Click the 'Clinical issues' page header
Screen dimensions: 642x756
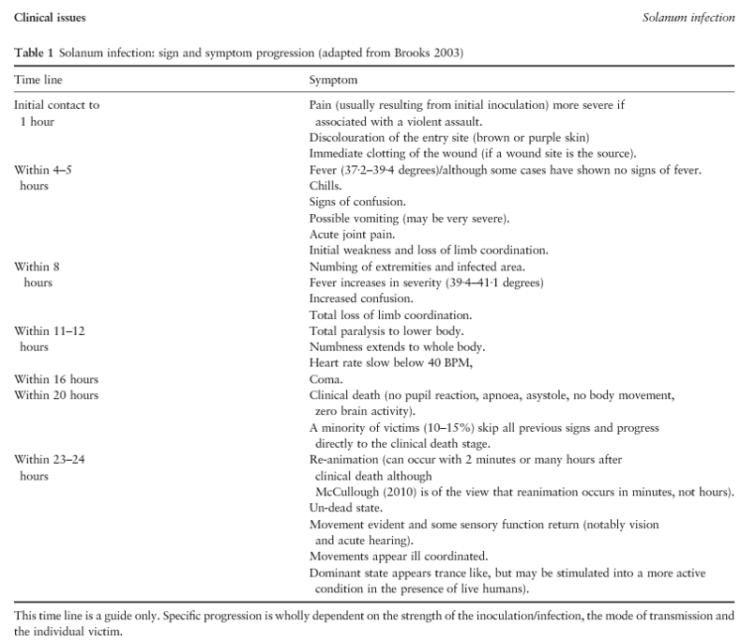[x=47, y=19]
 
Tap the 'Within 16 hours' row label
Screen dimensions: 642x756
[x=56, y=378]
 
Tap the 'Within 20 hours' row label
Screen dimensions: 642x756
[x=56, y=394]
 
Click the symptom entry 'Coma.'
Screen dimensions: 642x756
[x=325, y=378]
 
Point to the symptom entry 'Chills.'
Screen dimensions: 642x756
[x=325, y=186]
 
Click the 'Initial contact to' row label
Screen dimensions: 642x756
[x=56, y=105]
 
